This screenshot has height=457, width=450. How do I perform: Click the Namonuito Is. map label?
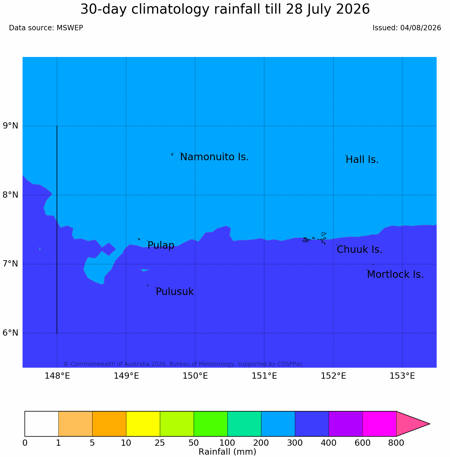coord(214,157)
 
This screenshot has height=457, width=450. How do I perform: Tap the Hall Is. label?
coord(362,160)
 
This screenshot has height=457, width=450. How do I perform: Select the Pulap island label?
coord(161,245)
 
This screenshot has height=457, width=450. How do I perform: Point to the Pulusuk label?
coord(175,292)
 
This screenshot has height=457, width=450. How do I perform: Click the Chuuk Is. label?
coord(360,250)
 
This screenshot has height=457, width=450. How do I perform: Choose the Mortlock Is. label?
coord(395,274)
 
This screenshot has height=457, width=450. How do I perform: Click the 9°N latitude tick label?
coord(11,126)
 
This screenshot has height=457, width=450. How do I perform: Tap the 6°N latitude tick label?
coord(11,333)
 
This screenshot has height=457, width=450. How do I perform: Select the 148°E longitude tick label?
coord(57,376)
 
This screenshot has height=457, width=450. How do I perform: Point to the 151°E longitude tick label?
coord(264,376)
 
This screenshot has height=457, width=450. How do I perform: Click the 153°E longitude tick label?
coord(402,376)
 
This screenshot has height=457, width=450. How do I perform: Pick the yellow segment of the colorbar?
coord(143,424)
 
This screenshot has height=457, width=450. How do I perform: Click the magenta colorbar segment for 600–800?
coord(379,424)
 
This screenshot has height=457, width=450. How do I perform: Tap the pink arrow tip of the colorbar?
coord(430,424)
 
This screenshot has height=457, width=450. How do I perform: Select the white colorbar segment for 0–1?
coord(42,424)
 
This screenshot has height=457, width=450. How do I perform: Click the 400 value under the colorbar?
coord(329,443)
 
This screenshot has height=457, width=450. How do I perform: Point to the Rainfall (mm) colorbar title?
coord(227,452)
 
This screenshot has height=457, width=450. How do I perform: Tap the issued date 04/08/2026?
coord(421,28)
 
